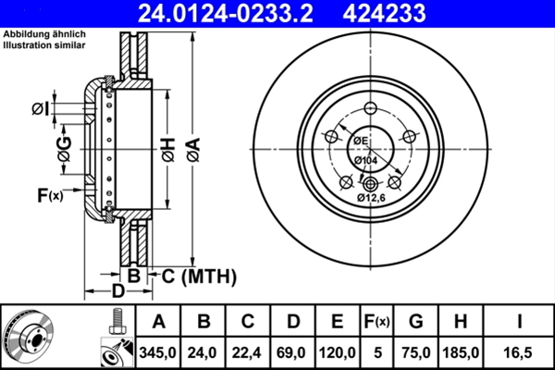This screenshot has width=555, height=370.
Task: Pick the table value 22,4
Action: pyautogui.click(x=248, y=352)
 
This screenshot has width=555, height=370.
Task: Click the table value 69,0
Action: pyautogui.click(x=292, y=352)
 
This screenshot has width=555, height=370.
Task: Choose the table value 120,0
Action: pyautogui.click(x=338, y=352)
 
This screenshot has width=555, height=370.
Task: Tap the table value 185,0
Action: pyautogui.click(x=463, y=352)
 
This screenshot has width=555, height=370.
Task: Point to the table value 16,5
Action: pyautogui.click(x=521, y=352)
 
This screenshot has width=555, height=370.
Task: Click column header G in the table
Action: pyautogui.click(x=416, y=322)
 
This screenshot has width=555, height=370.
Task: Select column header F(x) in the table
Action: pyautogui.click(x=376, y=322)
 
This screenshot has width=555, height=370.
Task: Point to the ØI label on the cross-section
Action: pyautogui.click(x=39, y=109)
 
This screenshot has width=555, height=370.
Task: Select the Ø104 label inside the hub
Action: pyautogui.click(x=365, y=162)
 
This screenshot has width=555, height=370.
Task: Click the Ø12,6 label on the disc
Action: pyautogui.click(x=372, y=196)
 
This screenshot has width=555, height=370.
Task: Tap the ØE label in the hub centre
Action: pyautogui.click(x=361, y=141)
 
